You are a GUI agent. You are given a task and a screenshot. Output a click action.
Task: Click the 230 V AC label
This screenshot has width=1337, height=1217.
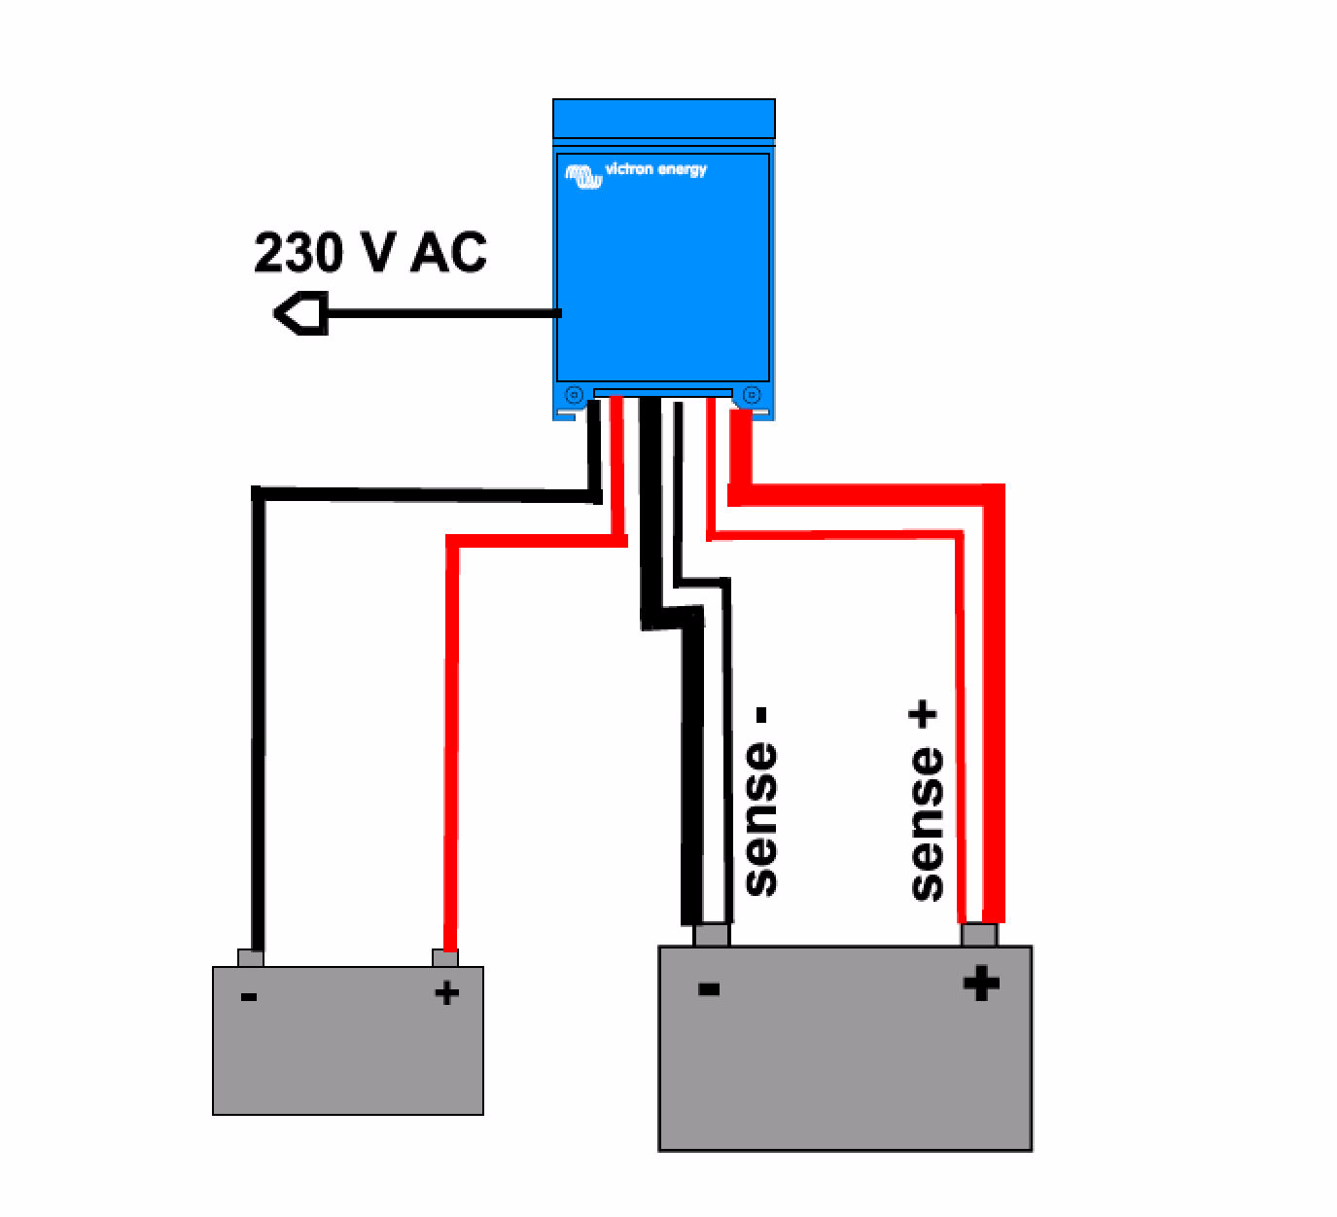pos(369,253)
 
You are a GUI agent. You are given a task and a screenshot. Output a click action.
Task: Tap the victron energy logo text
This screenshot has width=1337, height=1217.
pos(655,169)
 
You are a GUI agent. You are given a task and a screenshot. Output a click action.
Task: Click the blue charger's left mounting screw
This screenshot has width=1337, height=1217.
pos(574,395)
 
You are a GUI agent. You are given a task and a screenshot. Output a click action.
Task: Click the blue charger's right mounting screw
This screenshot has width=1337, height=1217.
pos(751,395)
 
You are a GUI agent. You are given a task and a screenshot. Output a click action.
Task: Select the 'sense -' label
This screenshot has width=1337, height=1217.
pos(761,803)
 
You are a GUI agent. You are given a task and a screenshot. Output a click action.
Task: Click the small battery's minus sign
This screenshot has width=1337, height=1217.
pos(249,996)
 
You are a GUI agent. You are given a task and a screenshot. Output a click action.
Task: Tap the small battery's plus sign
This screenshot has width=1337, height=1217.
pos(446,993)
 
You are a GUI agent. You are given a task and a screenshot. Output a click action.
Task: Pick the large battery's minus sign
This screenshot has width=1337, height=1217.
pos(709,989)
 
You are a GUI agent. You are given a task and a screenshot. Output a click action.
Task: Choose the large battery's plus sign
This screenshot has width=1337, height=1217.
pos(981,983)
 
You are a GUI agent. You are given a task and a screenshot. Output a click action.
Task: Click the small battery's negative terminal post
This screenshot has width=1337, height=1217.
pos(251,958)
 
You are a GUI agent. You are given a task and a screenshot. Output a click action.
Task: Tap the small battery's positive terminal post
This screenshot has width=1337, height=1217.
pos(445,958)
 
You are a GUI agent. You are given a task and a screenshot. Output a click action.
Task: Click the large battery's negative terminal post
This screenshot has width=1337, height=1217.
pos(712,935)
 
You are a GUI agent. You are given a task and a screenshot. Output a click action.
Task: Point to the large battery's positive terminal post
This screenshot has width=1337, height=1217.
pos(979,935)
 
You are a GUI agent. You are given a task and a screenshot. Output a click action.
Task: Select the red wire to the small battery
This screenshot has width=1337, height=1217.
pos(451,739)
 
